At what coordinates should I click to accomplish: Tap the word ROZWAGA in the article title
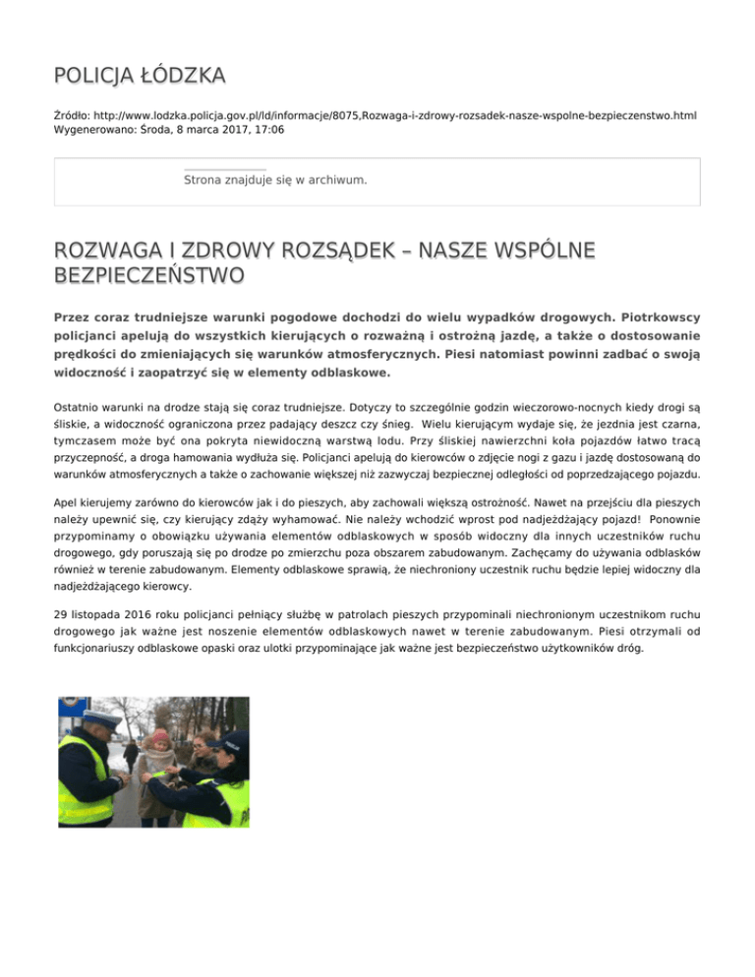point(107,253)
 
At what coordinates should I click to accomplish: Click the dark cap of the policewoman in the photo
point(236,743)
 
